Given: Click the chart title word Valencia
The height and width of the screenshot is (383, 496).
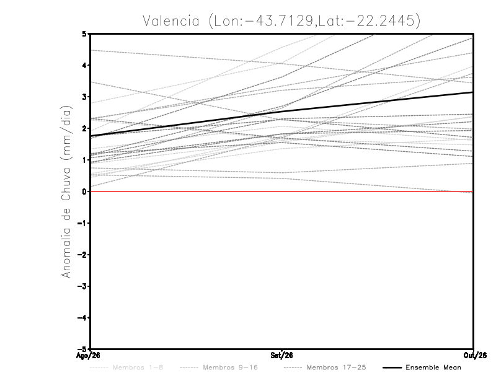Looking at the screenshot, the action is [x=171, y=21].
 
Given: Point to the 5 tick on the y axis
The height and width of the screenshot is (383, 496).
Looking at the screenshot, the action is [x=84, y=33].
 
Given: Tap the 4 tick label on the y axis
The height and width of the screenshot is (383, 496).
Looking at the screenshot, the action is [x=84, y=65].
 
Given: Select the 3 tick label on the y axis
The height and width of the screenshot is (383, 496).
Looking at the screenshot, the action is [x=84, y=97].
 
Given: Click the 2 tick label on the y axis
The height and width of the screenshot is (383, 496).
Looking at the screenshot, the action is [x=84, y=128].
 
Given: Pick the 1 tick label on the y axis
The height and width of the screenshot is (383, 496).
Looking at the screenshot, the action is [x=84, y=160].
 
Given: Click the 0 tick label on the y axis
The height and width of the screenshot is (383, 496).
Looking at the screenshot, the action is [x=84, y=191].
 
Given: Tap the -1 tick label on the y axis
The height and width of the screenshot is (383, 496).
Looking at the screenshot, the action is [x=82, y=223].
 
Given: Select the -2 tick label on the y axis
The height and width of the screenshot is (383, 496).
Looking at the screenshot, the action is [x=82, y=255].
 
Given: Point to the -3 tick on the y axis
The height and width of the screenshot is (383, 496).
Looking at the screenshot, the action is [x=82, y=286].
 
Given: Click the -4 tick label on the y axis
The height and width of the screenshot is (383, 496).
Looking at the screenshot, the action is [x=82, y=317].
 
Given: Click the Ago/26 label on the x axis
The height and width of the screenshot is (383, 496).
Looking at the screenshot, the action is [x=88, y=356].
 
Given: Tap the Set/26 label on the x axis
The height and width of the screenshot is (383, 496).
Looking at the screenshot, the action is [x=281, y=356].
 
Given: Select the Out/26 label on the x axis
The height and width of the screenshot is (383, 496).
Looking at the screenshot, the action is [x=475, y=356].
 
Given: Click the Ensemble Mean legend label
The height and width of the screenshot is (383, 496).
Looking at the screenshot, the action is [x=433, y=368].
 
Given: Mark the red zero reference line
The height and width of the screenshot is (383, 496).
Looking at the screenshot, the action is [x=281, y=191].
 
